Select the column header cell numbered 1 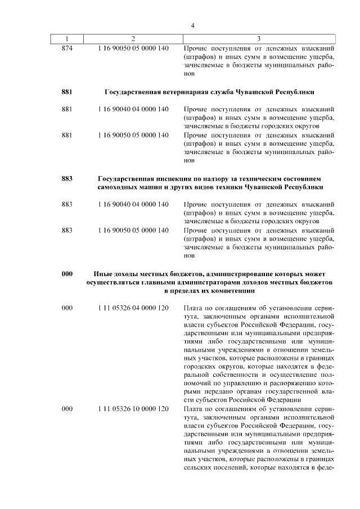[67, 39]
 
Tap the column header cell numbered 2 [133, 39]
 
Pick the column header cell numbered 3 [258, 39]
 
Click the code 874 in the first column [67, 48]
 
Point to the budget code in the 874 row [133, 48]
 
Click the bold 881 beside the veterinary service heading [67, 92]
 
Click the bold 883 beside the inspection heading [67, 178]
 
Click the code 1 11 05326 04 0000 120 [133, 308]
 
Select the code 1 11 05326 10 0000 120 [133, 408]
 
